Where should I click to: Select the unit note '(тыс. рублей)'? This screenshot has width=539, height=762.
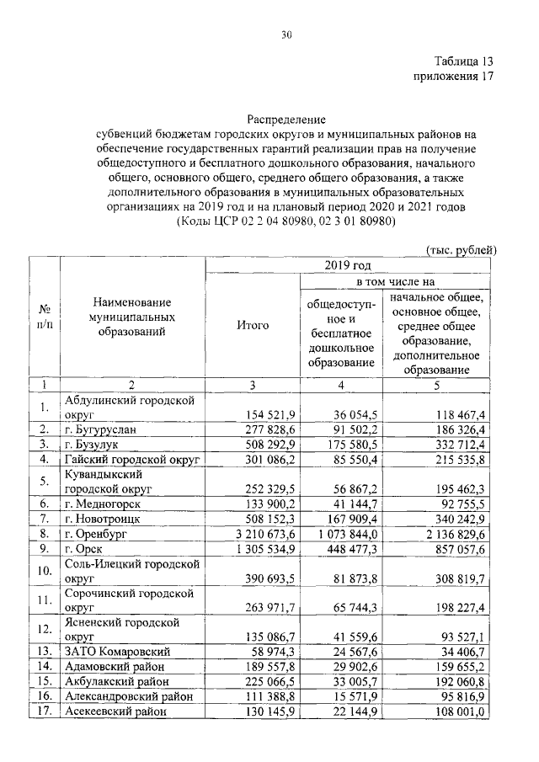tap(463, 249)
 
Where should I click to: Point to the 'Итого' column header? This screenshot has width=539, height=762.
tap(253, 324)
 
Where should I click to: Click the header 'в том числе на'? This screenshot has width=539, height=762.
tap(394, 282)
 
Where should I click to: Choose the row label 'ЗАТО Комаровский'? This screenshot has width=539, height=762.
tap(119, 652)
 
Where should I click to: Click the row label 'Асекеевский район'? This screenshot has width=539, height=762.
tap(121, 711)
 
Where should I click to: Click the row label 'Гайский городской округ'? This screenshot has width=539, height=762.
tap(131, 458)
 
